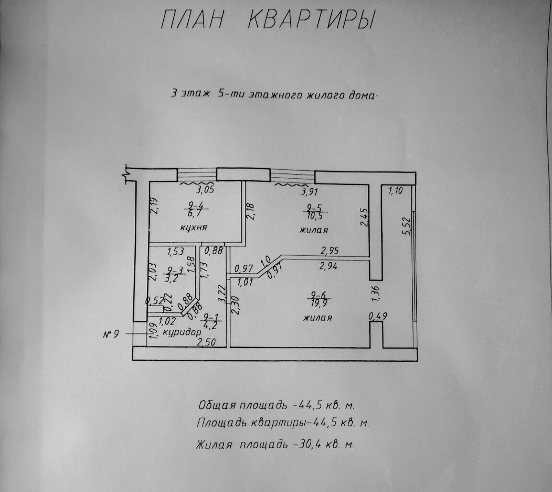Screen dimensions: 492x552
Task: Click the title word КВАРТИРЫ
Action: [x=312, y=20]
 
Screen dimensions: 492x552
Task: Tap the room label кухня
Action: [x=193, y=227]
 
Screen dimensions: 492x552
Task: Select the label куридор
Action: [x=181, y=332]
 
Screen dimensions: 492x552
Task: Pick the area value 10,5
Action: [x=314, y=216]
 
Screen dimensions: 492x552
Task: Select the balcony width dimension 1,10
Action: [x=396, y=191]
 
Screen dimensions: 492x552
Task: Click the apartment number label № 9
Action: [x=110, y=333]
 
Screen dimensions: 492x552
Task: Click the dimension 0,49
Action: [x=378, y=316]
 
